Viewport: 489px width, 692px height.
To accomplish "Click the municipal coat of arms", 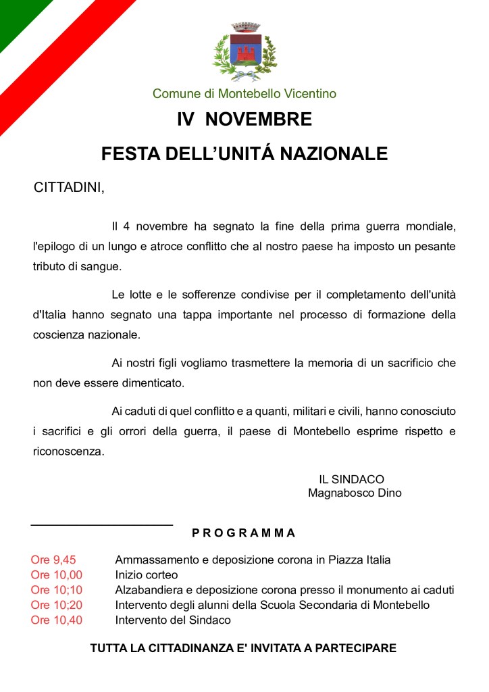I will (x=244, y=53).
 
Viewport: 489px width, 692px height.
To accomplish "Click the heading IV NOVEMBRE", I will (x=244, y=120).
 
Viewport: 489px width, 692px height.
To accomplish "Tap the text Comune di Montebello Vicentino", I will (x=244, y=94).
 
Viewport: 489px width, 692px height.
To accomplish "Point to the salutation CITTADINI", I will (x=70, y=187).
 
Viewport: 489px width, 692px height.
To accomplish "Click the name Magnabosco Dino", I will (x=355, y=493).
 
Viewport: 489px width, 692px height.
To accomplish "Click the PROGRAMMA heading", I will (x=244, y=533).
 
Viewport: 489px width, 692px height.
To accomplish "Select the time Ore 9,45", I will (x=53, y=560).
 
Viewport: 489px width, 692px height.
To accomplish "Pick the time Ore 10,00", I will (x=56, y=574).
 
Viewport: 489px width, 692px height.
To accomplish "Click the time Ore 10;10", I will (x=56, y=590).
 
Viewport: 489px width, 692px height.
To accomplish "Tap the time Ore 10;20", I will (x=56, y=605).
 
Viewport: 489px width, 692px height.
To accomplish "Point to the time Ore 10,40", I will (x=56, y=620).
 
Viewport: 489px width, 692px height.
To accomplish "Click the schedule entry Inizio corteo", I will (x=147, y=574).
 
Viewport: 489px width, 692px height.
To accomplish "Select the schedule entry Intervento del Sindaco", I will (x=173, y=620).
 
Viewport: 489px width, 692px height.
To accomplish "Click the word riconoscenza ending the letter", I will (x=69, y=452).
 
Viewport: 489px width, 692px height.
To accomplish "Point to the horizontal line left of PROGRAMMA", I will (x=102, y=524).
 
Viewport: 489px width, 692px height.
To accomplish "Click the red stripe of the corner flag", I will (x=68, y=61).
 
